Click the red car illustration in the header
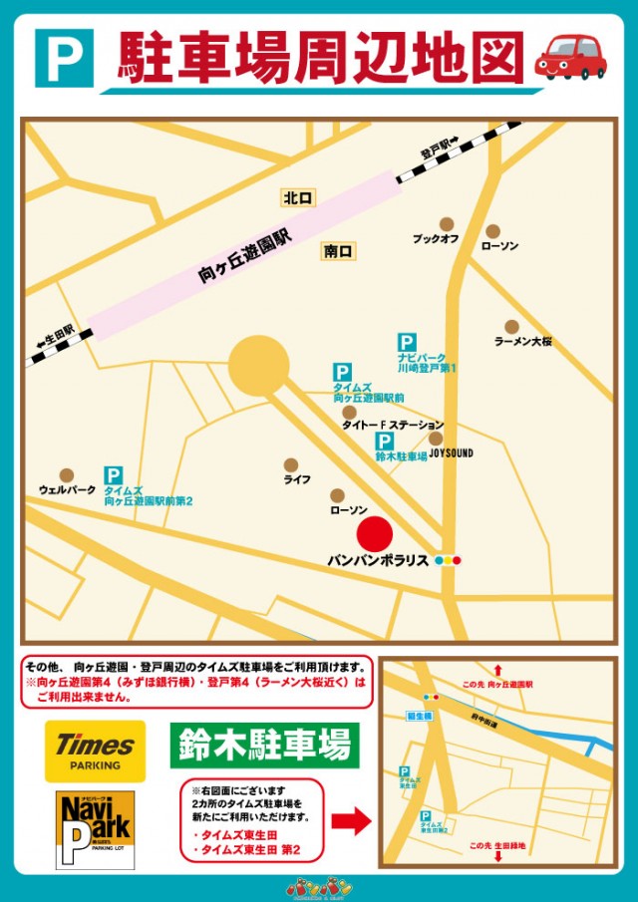[x=570, y=57]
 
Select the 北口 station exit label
[x=297, y=198]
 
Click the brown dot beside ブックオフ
[x=447, y=224]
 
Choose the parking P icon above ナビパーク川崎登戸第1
[x=407, y=342]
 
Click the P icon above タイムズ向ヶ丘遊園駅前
[x=342, y=372]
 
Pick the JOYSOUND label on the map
[x=452, y=453]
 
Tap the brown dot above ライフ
[x=291, y=464]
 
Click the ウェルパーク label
[x=67, y=490]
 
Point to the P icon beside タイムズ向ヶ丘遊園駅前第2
[x=114, y=476]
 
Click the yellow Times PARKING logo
[x=95, y=752]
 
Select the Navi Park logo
[x=95, y=830]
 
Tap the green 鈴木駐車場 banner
[x=264, y=745]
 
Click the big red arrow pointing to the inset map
[x=350, y=822]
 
